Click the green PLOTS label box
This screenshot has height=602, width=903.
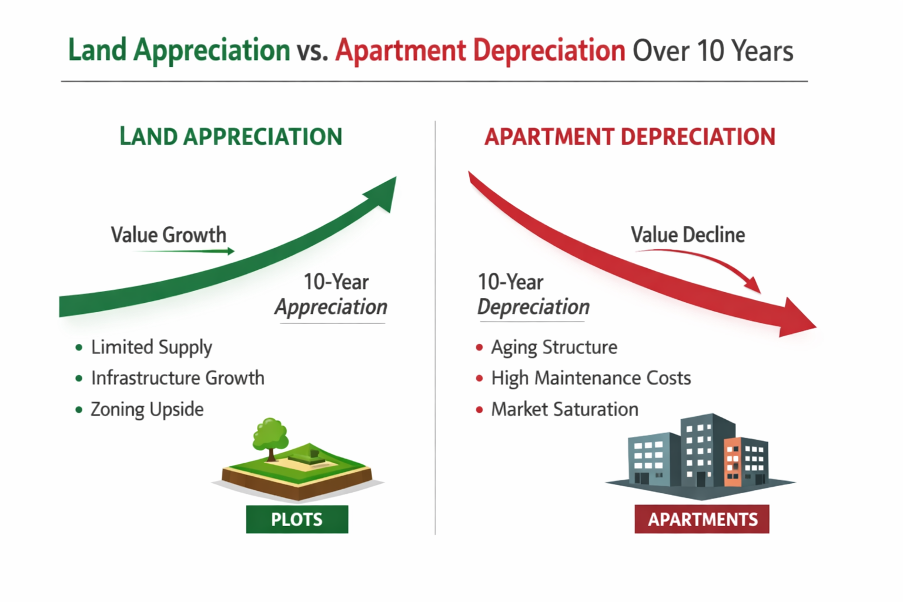click(x=297, y=519)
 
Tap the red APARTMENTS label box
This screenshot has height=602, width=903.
click(x=702, y=519)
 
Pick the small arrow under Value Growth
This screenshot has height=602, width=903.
click(x=184, y=251)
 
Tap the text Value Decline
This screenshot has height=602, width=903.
click(x=688, y=235)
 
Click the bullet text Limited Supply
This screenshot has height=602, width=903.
click(x=151, y=347)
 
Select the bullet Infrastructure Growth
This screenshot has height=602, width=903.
click(x=178, y=378)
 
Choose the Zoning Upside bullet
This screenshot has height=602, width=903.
click(x=147, y=409)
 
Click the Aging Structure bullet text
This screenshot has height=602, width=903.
click(x=554, y=347)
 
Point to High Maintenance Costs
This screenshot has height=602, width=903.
click(x=591, y=378)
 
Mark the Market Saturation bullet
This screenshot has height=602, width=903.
click(x=564, y=409)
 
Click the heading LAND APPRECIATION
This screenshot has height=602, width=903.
click(x=230, y=136)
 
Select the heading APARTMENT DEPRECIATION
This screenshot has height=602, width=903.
click(x=630, y=136)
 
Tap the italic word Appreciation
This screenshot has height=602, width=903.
click(x=331, y=307)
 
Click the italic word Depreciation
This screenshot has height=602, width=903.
click(x=533, y=307)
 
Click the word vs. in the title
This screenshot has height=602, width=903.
click(x=312, y=51)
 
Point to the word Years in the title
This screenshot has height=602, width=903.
click(x=763, y=51)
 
